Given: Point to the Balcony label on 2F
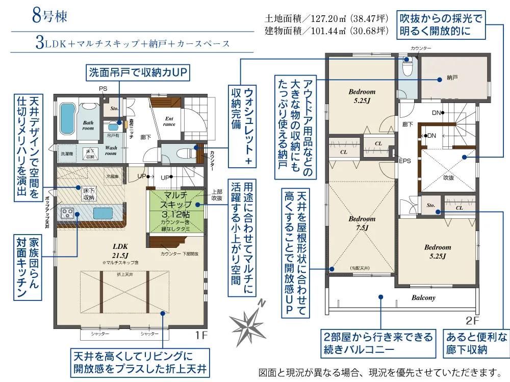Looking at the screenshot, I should click(423, 297).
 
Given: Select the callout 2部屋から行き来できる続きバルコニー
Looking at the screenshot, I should click(378, 343).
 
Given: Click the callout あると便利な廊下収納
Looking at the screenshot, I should click(477, 343).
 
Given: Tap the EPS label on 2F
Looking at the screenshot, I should click(404, 161).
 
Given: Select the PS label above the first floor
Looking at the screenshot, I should click(103, 88).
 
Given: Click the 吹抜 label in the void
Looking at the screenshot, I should click(448, 178).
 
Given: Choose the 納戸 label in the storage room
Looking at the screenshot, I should click(452, 78).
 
